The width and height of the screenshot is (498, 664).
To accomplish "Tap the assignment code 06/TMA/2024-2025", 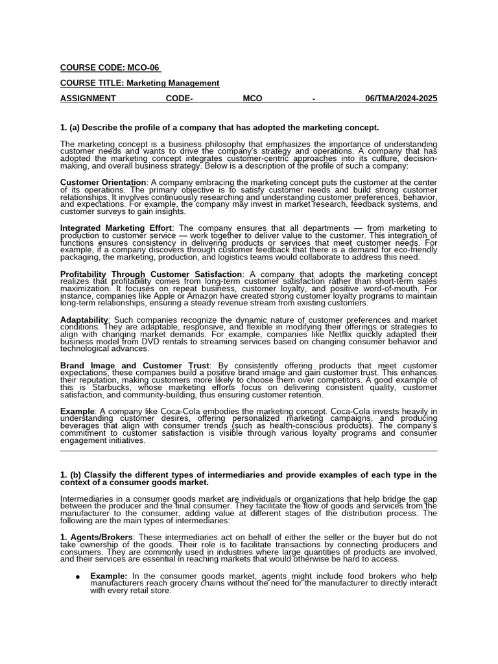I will point(401,99).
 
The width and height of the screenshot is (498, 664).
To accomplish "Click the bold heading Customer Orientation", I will point(103,182).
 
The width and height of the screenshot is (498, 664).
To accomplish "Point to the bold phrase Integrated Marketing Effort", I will point(116,228).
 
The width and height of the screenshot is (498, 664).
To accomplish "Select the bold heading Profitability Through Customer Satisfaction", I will point(151,274).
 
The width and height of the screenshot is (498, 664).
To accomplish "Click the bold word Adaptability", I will point(84,320).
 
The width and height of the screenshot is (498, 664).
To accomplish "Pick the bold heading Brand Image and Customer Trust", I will point(135,366).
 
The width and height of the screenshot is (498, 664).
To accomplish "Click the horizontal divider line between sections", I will point(249,451).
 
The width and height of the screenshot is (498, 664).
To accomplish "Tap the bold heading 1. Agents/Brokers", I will point(96,538).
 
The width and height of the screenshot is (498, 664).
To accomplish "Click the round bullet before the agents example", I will point(78,576).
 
